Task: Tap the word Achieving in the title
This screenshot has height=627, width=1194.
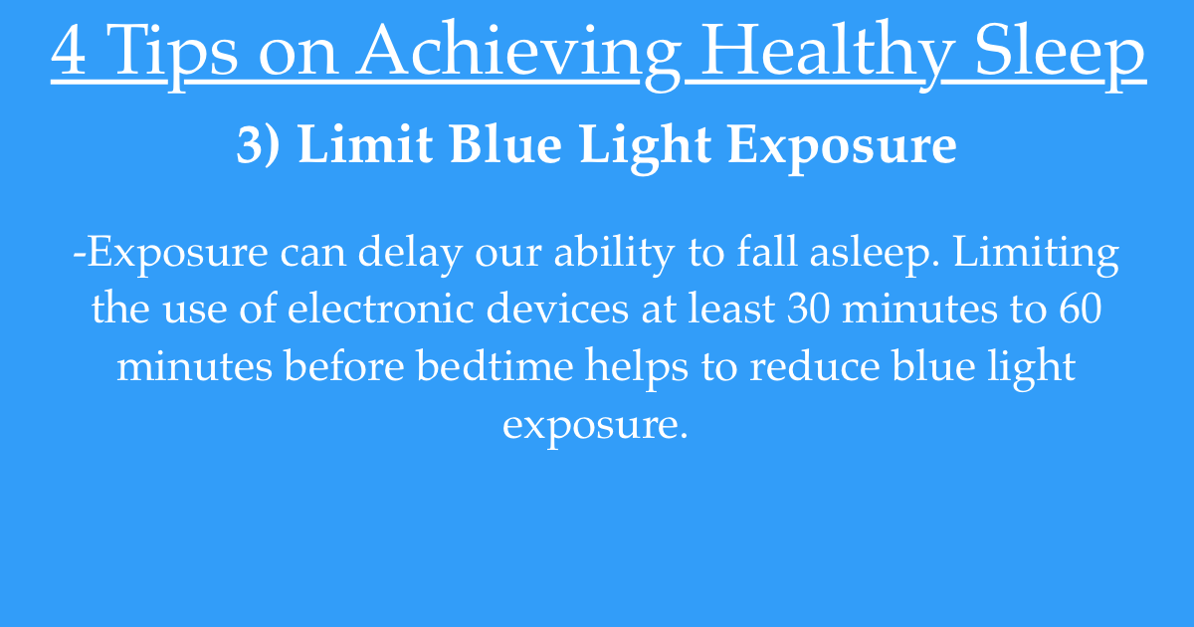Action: tap(518, 55)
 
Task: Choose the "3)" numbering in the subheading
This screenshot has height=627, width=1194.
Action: tap(258, 144)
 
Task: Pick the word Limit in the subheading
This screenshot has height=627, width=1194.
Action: tap(365, 144)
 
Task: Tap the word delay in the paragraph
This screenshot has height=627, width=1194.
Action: tap(410, 254)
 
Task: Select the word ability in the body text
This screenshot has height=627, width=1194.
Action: tap(614, 254)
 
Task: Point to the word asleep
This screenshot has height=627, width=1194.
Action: tap(875, 254)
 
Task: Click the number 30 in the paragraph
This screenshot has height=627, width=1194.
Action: tap(808, 310)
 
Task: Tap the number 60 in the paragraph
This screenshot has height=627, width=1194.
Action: tap(1080, 310)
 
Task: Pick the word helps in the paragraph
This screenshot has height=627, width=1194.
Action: tap(637, 368)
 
